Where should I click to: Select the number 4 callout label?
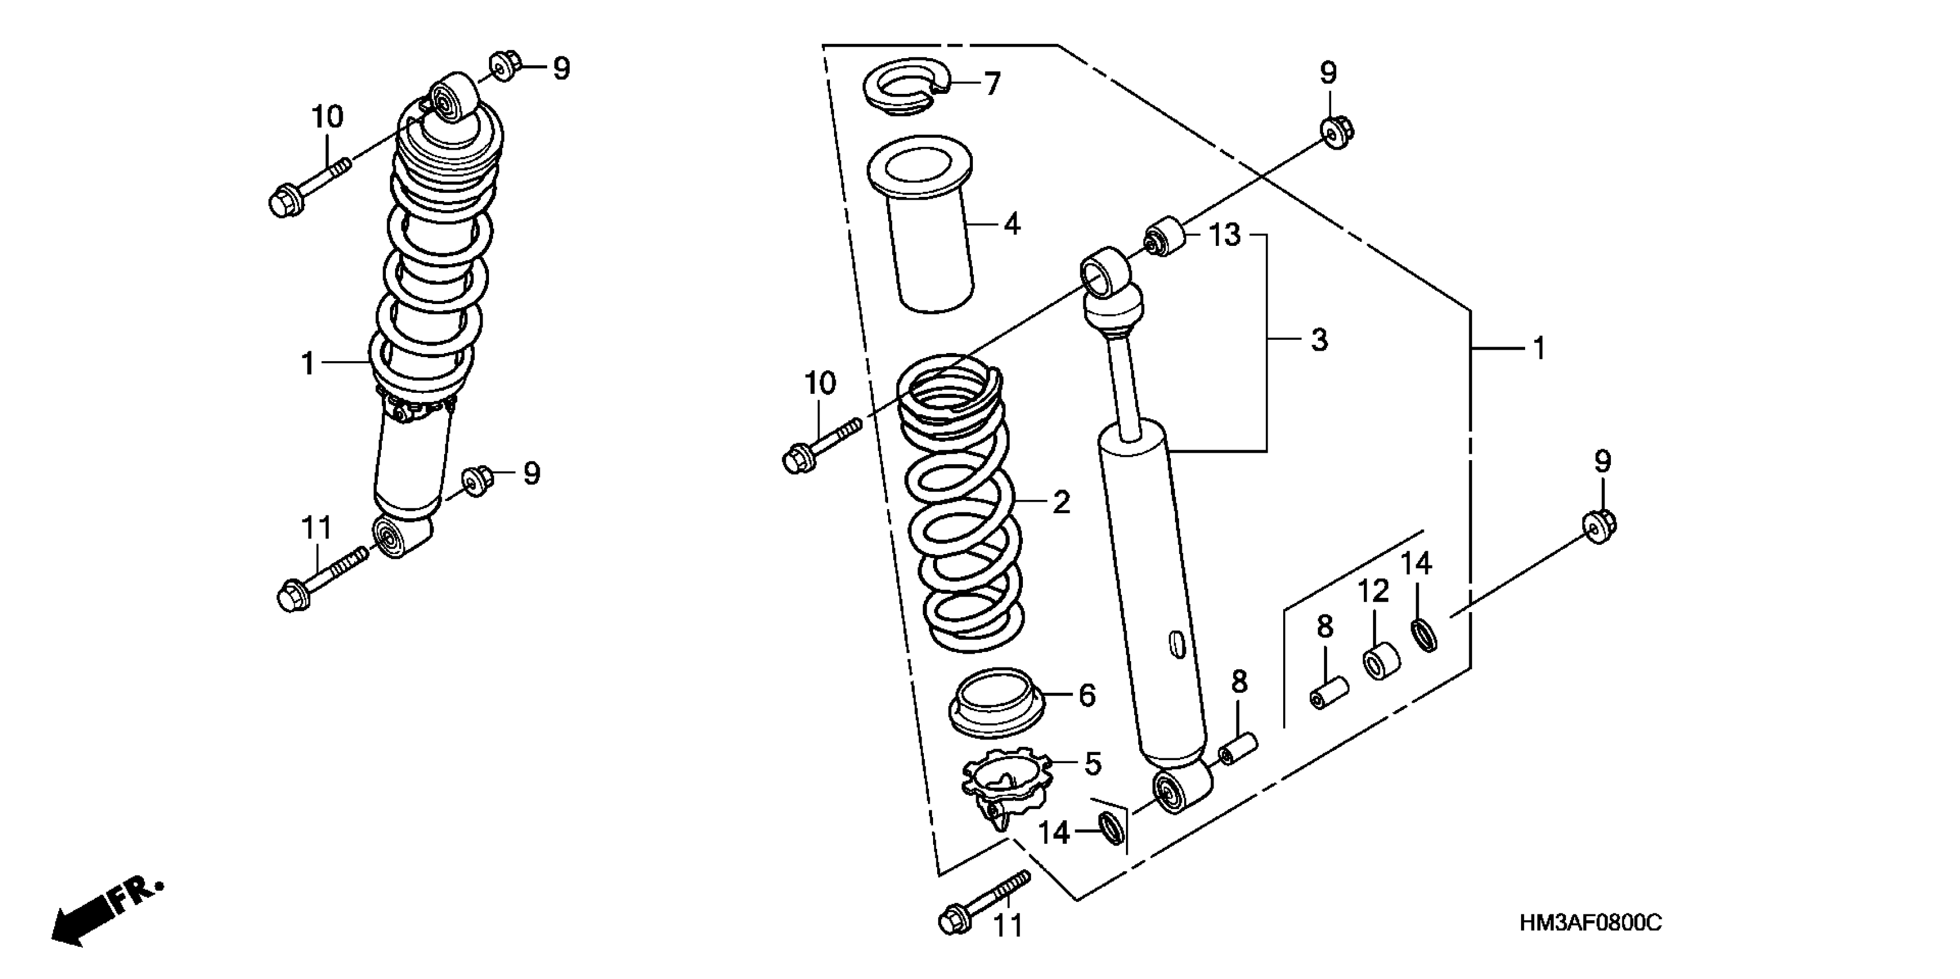(x=1011, y=225)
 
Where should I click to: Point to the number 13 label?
(x=1225, y=235)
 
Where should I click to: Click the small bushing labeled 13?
(x=1165, y=237)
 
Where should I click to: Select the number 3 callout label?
(x=1320, y=340)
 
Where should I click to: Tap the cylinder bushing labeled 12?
(x=1379, y=661)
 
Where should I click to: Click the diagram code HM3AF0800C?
(x=1590, y=924)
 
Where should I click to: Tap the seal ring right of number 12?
(x=1424, y=635)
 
